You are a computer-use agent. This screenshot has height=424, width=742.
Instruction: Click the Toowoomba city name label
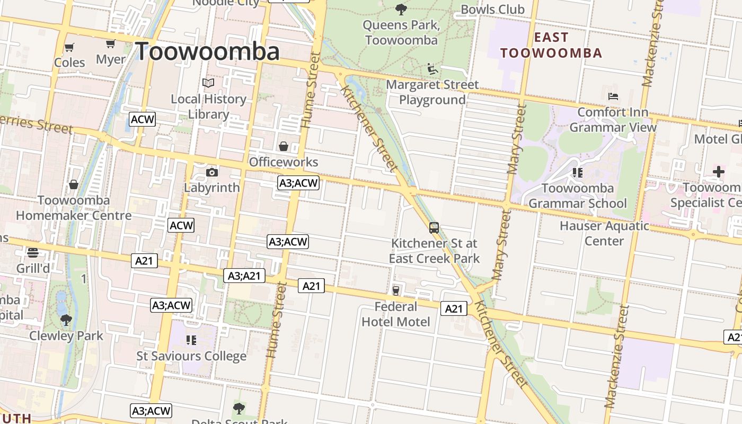(x=207, y=51)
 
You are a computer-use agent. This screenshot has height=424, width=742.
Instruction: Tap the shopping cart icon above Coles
(x=69, y=48)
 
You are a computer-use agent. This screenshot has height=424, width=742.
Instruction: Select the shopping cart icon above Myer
(x=110, y=44)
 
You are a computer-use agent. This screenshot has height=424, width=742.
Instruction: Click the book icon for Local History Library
(x=209, y=83)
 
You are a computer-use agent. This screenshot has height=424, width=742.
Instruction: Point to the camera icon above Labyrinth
(x=211, y=172)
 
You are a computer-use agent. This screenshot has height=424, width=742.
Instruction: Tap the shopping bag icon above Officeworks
(x=284, y=146)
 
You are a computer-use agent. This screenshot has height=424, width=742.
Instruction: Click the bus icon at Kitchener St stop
(x=434, y=228)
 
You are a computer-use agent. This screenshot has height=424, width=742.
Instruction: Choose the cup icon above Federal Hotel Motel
(x=395, y=290)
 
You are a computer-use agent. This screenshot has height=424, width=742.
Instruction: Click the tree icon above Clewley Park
(x=66, y=320)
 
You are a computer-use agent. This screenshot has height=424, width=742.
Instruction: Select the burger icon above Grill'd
(x=33, y=252)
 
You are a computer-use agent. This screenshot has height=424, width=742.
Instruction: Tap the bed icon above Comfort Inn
(x=613, y=96)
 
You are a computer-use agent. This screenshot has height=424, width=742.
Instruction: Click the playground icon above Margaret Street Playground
(x=432, y=69)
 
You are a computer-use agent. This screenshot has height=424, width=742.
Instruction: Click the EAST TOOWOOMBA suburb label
(x=551, y=45)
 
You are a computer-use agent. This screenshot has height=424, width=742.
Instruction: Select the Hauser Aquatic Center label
(x=604, y=233)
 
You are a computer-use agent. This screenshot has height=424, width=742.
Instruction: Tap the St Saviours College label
(x=191, y=356)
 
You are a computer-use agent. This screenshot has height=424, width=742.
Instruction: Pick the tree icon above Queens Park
(x=401, y=9)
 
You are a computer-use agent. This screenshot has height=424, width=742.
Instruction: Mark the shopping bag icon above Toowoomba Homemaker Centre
(x=74, y=184)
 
